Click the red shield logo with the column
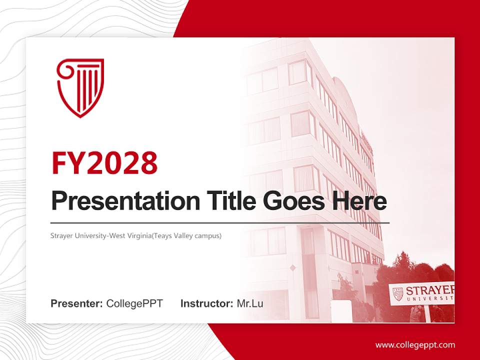[80, 87]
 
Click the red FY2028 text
[104, 162]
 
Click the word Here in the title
[359, 201]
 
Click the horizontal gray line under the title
[220, 222]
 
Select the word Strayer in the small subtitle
[62, 235]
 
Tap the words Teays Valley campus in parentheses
[189, 235]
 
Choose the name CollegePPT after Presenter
[134, 303]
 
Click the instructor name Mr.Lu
[250, 303]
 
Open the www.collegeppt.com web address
[415, 345]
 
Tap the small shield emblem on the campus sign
[398, 294]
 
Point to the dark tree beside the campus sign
[405, 270]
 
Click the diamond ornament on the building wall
[292, 268]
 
